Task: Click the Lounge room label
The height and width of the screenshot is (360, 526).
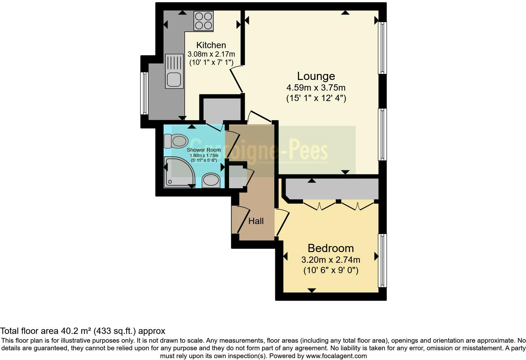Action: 316,76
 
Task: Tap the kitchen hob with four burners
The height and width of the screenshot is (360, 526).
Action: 204,21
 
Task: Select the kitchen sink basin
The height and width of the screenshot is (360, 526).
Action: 174,79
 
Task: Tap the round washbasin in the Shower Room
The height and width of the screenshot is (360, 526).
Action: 211,180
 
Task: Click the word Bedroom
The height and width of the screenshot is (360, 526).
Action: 331,248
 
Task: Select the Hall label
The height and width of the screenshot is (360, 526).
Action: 256,221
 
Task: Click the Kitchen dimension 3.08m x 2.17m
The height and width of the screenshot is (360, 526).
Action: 211,54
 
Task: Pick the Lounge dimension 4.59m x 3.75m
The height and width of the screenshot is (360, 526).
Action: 316,87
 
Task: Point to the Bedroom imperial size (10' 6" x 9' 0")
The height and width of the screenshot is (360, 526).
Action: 331,270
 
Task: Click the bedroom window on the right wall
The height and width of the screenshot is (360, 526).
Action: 382,260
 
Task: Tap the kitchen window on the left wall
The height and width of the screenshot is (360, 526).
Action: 144,93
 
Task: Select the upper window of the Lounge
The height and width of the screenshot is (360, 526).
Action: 382,48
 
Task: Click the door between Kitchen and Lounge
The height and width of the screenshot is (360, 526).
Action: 237,79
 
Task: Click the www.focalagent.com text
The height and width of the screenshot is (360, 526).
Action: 336,356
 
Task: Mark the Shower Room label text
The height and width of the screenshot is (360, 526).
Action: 204,150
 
